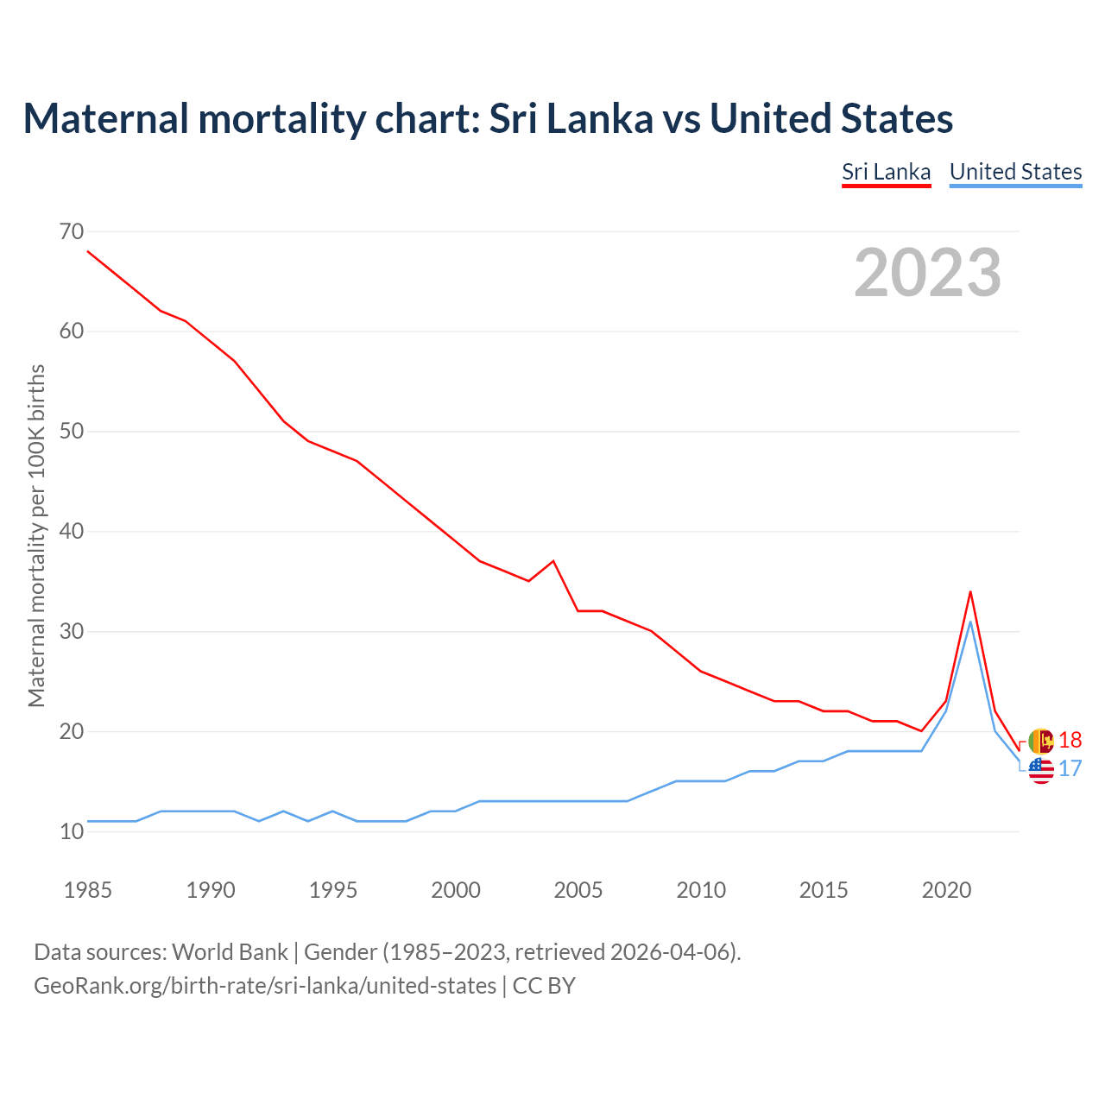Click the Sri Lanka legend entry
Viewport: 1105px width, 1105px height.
pos(886,172)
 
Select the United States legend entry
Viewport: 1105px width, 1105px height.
pos(1015,172)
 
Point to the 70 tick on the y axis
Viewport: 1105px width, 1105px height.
pos(72,231)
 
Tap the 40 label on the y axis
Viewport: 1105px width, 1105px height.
pos(72,531)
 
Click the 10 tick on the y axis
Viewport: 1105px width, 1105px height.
pos(72,831)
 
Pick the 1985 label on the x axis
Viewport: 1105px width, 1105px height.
pos(87,890)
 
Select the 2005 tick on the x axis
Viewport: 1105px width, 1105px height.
pos(578,890)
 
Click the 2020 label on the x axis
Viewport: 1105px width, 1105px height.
pos(946,890)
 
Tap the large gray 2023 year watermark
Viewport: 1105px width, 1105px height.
pos(927,273)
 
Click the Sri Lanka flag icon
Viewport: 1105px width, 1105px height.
pos(1041,741)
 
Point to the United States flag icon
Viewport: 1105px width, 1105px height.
pos(1041,770)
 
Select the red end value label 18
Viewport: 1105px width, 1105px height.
pos(1070,740)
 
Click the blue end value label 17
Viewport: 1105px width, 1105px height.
pos(1070,768)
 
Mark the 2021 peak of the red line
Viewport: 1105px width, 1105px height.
pos(970,592)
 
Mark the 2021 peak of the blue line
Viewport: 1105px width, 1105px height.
pos(970,622)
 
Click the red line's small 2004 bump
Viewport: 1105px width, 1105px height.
pos(552,561)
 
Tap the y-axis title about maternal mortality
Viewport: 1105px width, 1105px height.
pos(36,535)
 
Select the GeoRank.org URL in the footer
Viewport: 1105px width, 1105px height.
pos(265,985)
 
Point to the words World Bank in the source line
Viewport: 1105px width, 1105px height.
pos(230,952)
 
